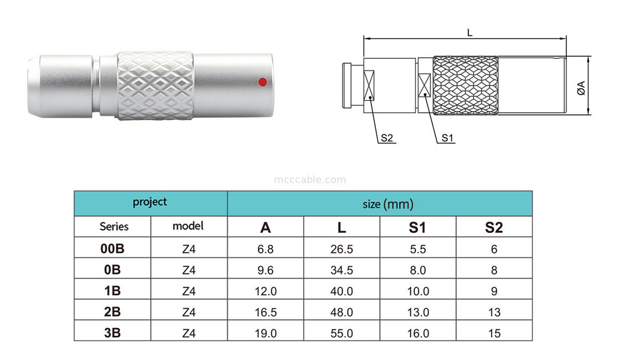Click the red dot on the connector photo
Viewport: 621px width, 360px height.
click(x=262, y=83)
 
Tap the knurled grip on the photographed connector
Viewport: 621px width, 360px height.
click(x=155, y=86)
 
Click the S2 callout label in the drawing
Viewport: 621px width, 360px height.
click(x=387, y=138)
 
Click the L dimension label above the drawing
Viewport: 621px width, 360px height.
click(x=469, y=33)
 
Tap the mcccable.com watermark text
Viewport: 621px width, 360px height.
click(x=310, y=180)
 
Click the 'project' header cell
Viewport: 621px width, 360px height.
click(x=150, y=202)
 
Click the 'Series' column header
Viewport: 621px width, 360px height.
click(x=114, y=226)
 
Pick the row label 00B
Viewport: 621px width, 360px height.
click(x=113, y=249)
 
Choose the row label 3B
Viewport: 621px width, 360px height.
click(x=113, y=333)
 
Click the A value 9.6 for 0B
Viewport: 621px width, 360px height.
click(x=266, y=270)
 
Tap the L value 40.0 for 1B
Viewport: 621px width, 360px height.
click(x=342, y=291)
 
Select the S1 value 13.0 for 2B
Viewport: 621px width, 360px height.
click(x=418, y=312)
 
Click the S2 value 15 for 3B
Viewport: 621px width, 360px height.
click(x=494, y=333)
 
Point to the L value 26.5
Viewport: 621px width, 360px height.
click(x=342, y=249)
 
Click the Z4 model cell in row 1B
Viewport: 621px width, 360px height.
click(x=189, y=291)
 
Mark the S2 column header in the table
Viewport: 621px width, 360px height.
click(x=494, y=227)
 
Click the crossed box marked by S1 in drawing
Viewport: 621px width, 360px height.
click(x=425, y=86)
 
